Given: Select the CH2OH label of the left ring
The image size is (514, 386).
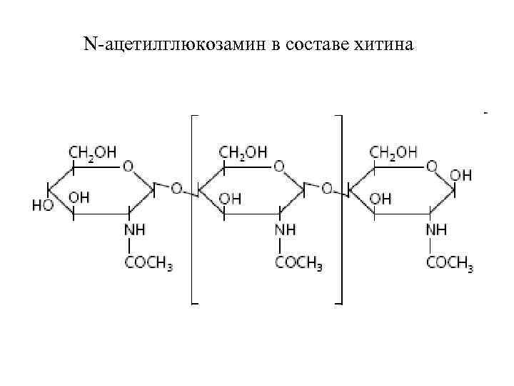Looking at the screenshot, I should (x=93, y=152).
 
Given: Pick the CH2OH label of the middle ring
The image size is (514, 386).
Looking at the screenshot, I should (x=243, y=152).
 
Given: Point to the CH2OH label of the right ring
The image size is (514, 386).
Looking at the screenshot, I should (x=393, y=152).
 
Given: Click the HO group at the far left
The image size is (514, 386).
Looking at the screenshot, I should (x=43, y=204).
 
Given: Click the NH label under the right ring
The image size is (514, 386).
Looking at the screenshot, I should (x=436, y=230).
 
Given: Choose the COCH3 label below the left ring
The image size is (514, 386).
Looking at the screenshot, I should (x=149, y=262).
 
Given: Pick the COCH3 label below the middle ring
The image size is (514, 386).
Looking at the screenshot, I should (x=299, y=262).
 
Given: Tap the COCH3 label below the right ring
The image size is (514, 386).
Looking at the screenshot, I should (x=450, y=262).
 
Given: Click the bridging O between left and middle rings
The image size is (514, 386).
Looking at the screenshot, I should (x=176, y=189).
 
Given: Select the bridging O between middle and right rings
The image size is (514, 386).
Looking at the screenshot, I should (x=327, y=189).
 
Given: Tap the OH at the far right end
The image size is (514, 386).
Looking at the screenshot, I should (x=461, y=174).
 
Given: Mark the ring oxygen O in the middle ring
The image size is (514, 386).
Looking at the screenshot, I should (x=279, y=166).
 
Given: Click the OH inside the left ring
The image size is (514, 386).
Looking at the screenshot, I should (x=79, y=197).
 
